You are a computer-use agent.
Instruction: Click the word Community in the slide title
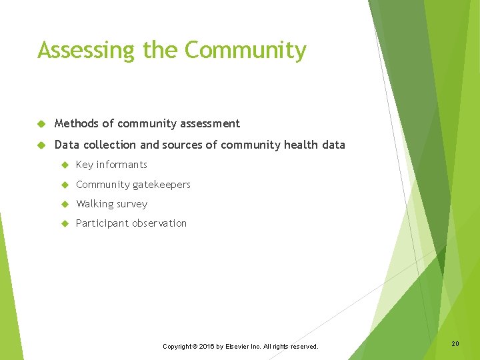[x=245, y=50]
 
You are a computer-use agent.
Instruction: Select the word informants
[x=122, y=165]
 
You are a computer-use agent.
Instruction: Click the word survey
[x=132, y=204]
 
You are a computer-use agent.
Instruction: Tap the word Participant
[x=101, y=223]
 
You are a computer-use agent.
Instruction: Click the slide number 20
[x=455, y=343]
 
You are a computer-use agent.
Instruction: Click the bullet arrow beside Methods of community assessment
[x=41, y=124]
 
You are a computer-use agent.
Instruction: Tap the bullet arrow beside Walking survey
[x=65, y=205]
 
